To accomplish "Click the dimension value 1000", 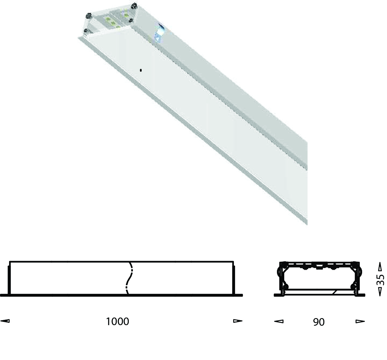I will click(117, 321).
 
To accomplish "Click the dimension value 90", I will click(319, 322).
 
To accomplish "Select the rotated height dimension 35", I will click(380, 279).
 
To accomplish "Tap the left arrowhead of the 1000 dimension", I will click(5, 321).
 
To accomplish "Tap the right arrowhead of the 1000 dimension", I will click(238, 321).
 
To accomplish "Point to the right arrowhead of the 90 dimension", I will click(360, 321).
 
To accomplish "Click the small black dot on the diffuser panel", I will click(141, 70).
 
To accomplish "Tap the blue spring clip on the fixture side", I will click(159, 33).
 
